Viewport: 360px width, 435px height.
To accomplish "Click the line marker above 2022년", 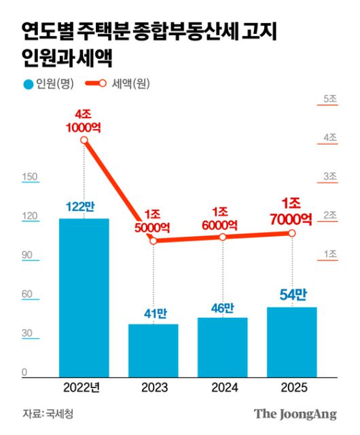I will point(84,140).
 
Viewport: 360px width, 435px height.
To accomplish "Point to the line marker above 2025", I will point(292,233).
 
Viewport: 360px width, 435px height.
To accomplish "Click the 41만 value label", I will point(154,314).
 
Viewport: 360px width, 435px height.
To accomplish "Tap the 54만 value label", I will point(292,295).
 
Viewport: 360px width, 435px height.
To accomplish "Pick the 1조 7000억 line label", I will point(292,211).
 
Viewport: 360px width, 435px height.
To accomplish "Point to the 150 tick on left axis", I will point(30,177).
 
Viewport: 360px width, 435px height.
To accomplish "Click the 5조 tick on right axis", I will point(331,99).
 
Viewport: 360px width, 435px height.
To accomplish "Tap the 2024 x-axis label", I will point(223,388).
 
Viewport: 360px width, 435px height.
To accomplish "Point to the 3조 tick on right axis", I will point(331,176).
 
